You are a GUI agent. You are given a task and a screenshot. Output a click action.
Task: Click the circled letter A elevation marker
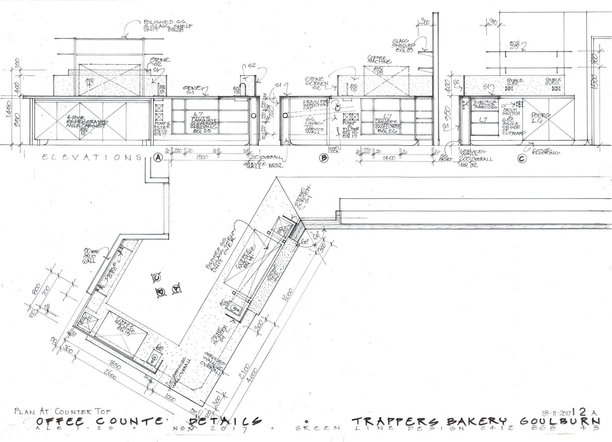157,157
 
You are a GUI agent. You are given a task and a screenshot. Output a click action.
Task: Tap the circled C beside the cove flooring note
522,159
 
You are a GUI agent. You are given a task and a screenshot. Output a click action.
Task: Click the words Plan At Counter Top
62,411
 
